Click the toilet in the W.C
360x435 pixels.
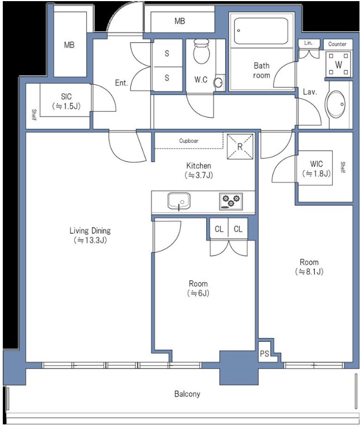pyautogui.click(x=201, y=52)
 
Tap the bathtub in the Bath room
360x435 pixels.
pyautogui.click(x=261, y=31)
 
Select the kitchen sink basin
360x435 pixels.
pyautogui.click(x=179, y=201)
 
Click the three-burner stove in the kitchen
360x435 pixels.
pyautogui.click(x=231, y=201)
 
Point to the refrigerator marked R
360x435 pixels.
pyautogui.click(x=240, y=147)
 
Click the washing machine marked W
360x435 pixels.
pyautogui.click(x=338, y=64)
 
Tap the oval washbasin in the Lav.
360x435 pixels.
pyautogui.click(x=336, y=104)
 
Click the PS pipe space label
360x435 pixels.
pyautogui.click(x=264, y=354)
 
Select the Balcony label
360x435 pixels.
pyautogui.click(x=187, y=394)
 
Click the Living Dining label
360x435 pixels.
pyautogui.click(x=90, y=230)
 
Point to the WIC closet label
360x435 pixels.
pyautogui.click(x=316, y=163)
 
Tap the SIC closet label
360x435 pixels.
pyautogui.click(x=66, y=96)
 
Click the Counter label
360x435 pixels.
pyautogui.click(x=337, y=44)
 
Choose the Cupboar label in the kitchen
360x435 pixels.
pyautogui.click(x=189, y=141)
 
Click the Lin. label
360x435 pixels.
pyautogui.click(x=308, y=43)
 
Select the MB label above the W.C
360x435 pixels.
pyautogui.click(x=179, y=21)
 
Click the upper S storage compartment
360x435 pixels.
pyautogui.click(x=167, y=53)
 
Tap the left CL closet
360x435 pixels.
pyautogui.click(x=219, y=229)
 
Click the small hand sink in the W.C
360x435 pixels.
pyautogui.click(x=218, y=83)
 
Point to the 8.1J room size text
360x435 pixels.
pyautogui.click(x=309, y=272)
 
